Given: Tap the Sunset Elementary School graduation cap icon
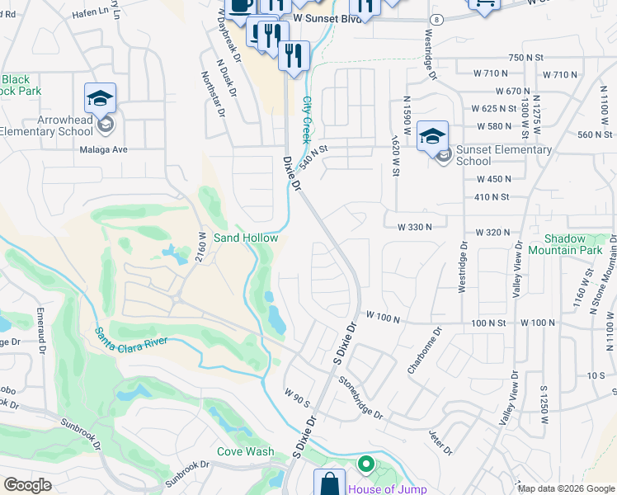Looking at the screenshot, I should pos(432,136).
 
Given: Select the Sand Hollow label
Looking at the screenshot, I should pos(246,238).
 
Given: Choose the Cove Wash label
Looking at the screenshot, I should pos(245,451).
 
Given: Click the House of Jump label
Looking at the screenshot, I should pos(387,489).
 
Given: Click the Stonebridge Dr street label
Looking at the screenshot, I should pos(361,398).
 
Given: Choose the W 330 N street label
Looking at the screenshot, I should pos(415,226).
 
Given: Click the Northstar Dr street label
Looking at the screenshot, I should pos(212,93).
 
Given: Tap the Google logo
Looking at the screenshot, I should pos(28,485).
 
